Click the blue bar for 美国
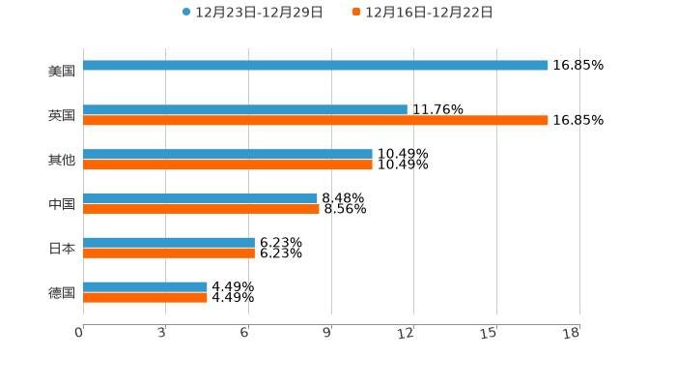coord(316,66)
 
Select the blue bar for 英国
coord(245,110)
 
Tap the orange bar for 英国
coord(316,121)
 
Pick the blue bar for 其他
coord(228,155)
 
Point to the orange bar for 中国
coord(201,209)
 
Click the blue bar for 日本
coord(169,243)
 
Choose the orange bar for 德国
coord(145,298)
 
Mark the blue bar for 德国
coord(145,287)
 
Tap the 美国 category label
coord(62,71)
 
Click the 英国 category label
coord(62,115)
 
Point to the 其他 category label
coord(62,160)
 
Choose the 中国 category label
coord(62,204)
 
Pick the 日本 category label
coord(62,249)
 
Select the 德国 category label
coord(62,292)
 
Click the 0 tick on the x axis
coord(80,333)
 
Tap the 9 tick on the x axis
coord(328,333)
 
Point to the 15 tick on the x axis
coord(490,333)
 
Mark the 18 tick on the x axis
coord(572,333)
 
